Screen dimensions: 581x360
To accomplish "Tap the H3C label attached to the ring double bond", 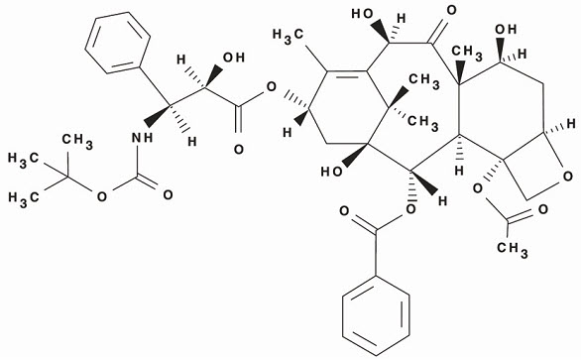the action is pyautogui.click(x=289, y=48).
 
